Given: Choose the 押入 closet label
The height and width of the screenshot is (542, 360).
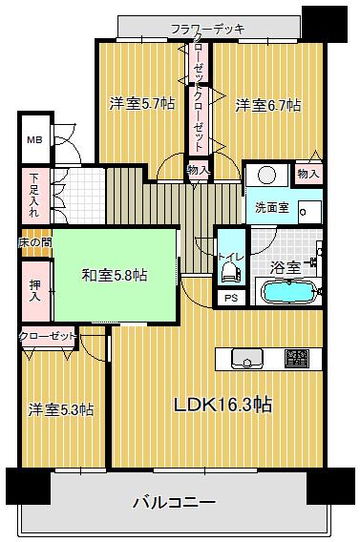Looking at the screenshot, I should [34, 291].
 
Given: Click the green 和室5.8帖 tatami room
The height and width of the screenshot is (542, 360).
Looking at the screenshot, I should [114, 276].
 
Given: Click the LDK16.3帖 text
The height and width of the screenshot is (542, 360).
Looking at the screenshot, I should [222, 404].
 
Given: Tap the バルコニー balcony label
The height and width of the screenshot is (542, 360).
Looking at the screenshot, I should [173, 502].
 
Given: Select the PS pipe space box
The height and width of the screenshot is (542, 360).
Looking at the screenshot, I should [230, 298].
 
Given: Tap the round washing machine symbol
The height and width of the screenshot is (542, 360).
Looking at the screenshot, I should [265, 177].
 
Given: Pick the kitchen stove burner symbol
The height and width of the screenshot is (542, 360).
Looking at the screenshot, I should [297, 359].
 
